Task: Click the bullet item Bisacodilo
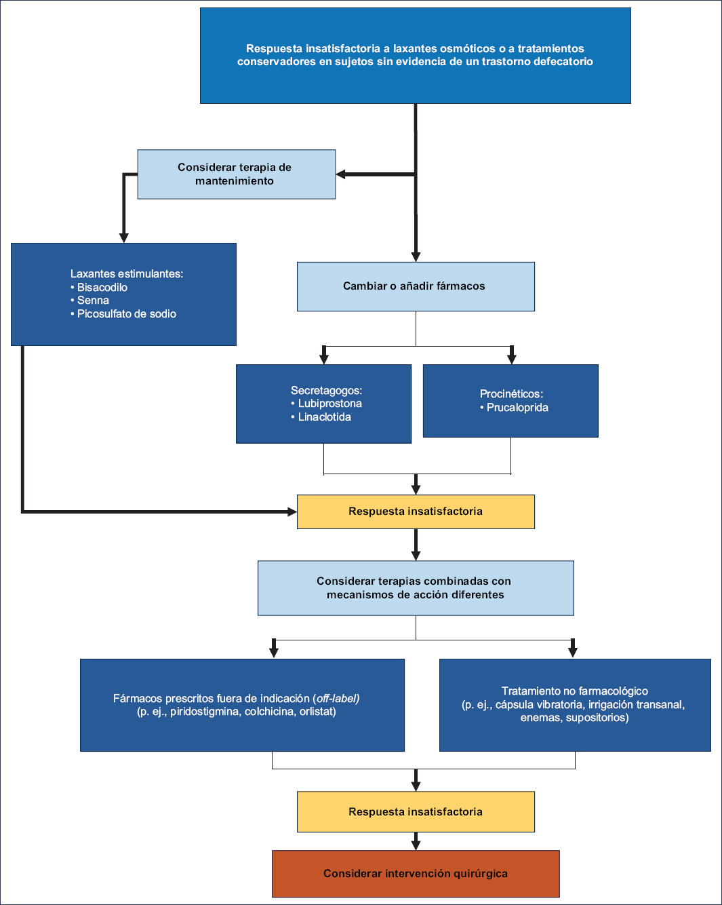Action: tap(102, 287)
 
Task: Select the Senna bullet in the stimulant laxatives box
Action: tap(93, 301)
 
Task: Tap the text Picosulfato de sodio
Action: tap(127, 313)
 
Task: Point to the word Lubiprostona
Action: tap(330, 403)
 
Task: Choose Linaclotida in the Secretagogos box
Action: tap(325, 417)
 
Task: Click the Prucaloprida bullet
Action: tap(517, 408)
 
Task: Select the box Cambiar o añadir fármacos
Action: tap(416, 286)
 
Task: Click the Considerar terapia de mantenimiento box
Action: tap(236, 174)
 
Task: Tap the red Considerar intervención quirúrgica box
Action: tap(416, 874)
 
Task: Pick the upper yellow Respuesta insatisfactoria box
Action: tap(416, 512)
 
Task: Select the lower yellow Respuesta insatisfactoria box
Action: tap(416, 811)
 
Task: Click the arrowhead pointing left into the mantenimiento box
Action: tap(340, 174)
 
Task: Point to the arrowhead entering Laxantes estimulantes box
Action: tap(123, 237)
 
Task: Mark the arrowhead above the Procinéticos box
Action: tap(511, 359)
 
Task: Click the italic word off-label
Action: tap(338, 698)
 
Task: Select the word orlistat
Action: tap(317, 712)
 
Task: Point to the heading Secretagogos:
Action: tap(327, 390)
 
